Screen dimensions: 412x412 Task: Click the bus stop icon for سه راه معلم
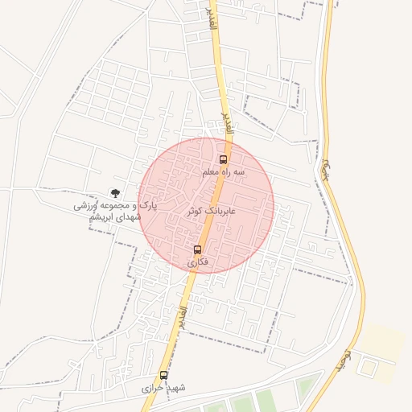click(x=224, y=159)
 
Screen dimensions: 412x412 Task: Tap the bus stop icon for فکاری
click(x=197, y=249)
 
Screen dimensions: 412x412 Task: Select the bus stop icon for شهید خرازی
click(x=164, y=375)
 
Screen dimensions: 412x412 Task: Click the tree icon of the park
click(x=116, y=193)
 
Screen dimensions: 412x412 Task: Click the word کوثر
click(x=195, y=210)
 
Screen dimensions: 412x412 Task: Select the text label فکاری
click(x=197, y=262)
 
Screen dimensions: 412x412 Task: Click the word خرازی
click(x=153, y=388)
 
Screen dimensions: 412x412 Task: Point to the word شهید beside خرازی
click(x=175, y=388)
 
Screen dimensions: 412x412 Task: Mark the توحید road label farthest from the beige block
click(x=326, y=169)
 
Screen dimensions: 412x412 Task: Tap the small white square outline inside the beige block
click(x=368, y=368)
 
